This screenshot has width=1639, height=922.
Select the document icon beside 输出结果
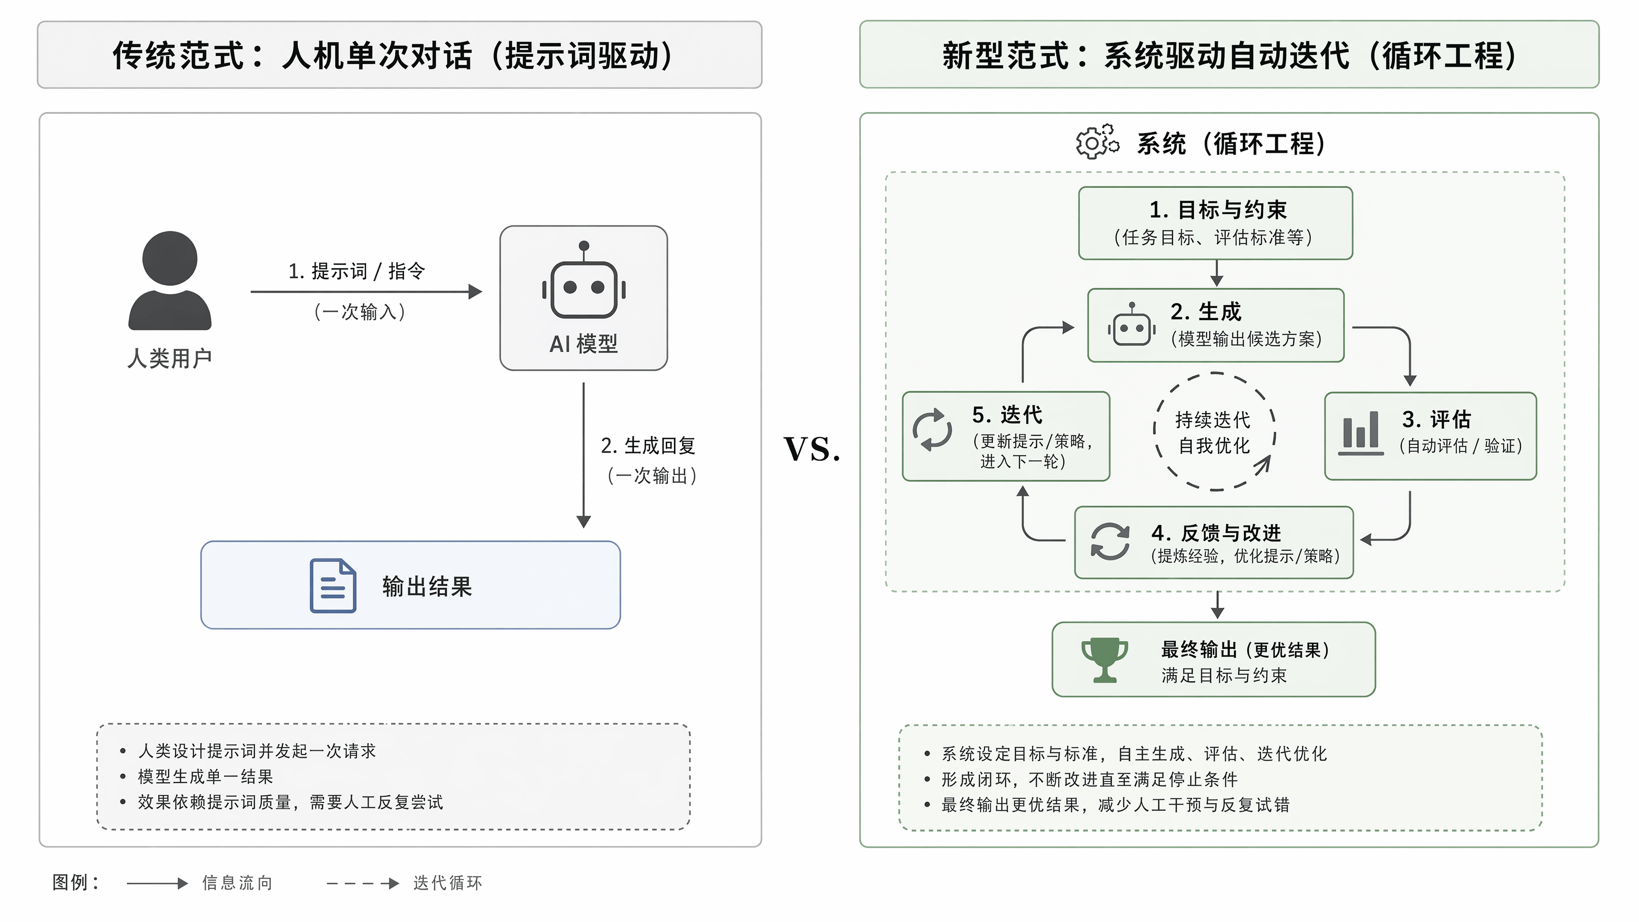(333, 585)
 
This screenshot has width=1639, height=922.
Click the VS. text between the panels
(812, 449)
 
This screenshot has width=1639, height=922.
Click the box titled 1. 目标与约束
(1215, 223)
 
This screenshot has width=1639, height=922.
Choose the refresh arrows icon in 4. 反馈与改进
(1110, 542)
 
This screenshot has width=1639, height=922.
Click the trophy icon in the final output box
(1105, 660)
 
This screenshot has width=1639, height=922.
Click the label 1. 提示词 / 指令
(356, 271)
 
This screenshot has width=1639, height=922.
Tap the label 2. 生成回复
(648, 445)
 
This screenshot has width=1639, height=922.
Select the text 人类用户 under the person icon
(170, 358)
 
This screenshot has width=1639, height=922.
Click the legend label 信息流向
(237, 883)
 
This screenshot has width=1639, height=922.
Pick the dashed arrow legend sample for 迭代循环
(363, 883)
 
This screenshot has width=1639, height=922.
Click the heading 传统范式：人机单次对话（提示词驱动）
(393, 55)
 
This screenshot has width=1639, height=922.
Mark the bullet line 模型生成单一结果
(205, 776)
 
